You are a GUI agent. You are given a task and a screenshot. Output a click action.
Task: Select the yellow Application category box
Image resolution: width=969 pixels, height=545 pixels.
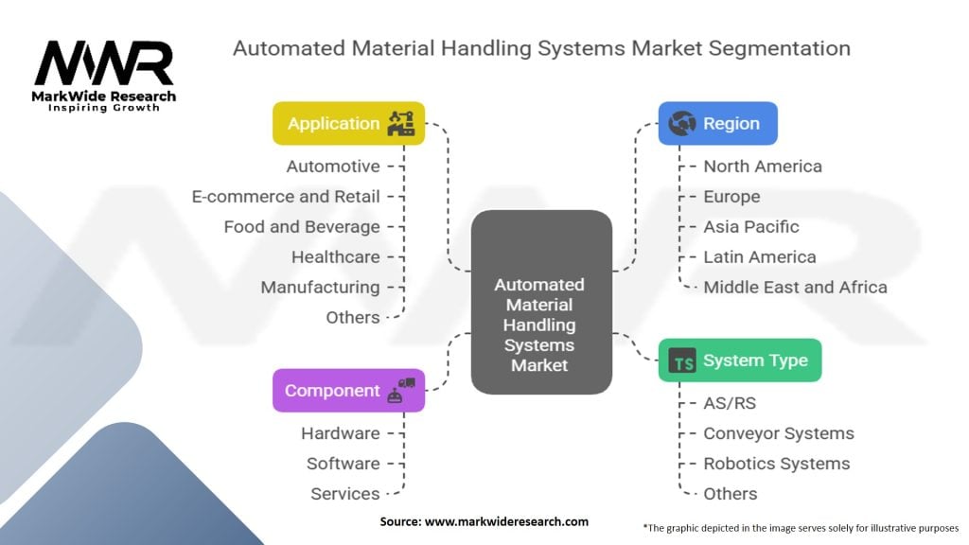coord(348,124)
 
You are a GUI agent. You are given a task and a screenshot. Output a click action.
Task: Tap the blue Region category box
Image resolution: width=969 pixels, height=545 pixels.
coord(717,124)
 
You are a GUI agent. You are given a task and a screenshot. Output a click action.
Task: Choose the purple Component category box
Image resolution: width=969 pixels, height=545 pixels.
coord(348,391)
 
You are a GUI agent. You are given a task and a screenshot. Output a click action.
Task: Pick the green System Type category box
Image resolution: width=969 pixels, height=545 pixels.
coord(740,360)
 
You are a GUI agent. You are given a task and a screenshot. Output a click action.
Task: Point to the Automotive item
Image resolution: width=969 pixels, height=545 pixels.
coord(334,167)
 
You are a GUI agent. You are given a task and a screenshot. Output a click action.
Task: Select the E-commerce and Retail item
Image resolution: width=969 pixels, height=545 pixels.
coord(286,197)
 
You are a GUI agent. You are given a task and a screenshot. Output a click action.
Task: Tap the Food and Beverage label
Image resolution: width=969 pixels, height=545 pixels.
coord(302,227)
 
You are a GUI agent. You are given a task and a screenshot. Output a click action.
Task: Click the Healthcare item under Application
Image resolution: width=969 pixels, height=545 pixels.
coord(335,257)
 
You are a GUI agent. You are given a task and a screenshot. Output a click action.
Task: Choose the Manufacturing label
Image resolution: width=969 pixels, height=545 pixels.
coord(320,288)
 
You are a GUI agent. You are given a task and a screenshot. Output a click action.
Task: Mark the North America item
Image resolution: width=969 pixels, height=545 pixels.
coord(763,167)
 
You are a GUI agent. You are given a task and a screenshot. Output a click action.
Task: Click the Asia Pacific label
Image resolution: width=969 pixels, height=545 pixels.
coord(750,227)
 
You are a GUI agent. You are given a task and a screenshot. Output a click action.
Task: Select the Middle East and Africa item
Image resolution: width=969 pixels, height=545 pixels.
coord(795,288)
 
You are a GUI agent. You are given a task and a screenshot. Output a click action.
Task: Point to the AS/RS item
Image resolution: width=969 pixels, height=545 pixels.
coord(730,403)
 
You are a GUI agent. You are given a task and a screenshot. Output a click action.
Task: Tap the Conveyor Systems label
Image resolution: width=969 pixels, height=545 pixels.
coord(778,433)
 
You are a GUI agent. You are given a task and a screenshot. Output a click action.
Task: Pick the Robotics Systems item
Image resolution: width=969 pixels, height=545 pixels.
coord(776,464)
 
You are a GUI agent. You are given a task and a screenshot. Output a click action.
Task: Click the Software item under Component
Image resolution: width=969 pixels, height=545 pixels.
coord(343,464)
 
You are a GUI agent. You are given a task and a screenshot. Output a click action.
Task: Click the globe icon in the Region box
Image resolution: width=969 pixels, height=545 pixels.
coord(681,124)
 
